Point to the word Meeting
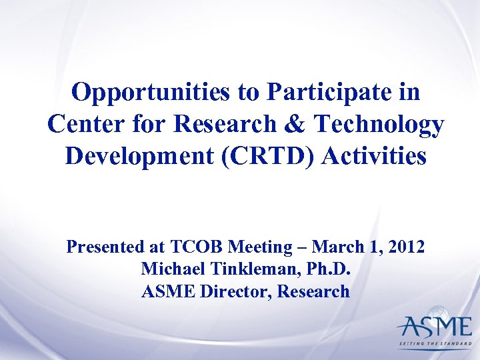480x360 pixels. pyautogui.click(x=259, y=247)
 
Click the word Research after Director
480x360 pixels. pyautogui.click(x=313, y=291)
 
